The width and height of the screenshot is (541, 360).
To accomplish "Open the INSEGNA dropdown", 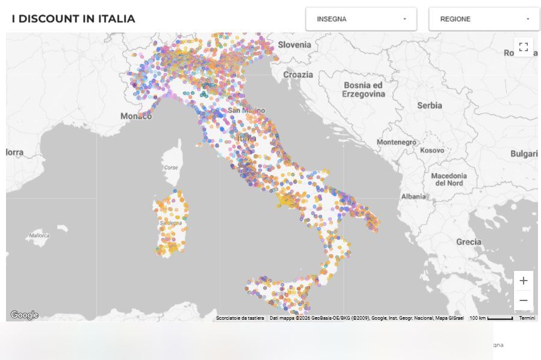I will [x=361, y=19].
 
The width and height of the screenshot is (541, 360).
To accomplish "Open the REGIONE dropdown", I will [x=484, y=19].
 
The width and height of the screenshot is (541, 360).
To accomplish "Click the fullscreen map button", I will [x=523, y=47].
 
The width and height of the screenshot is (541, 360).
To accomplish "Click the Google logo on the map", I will [x=24, y=315].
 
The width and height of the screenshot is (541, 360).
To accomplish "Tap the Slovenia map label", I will [x=294, y=45].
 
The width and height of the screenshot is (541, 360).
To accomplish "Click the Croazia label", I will [x=298, y=75].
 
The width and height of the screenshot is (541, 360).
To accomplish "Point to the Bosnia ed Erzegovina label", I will [x=363, y=90].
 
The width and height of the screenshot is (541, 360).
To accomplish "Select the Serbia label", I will [x=429, y=105].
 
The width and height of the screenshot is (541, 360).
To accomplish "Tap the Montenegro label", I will [x=396, y=142].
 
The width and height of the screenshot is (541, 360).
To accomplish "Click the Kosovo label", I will [x=431, y=150].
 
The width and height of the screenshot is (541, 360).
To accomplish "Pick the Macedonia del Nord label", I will [x=449, y=179].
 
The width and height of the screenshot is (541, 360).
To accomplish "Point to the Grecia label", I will [x=468, y=242].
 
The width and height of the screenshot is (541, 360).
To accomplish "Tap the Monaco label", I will [x=136, y=116].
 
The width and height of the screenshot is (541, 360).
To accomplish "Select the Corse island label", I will [x=171, y=167].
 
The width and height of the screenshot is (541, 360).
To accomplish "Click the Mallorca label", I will [x=39, y=235].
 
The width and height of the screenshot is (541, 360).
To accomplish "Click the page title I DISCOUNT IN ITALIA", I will [x=73, y=19].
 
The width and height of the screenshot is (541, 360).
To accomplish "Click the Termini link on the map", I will [x=527, y=318].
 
